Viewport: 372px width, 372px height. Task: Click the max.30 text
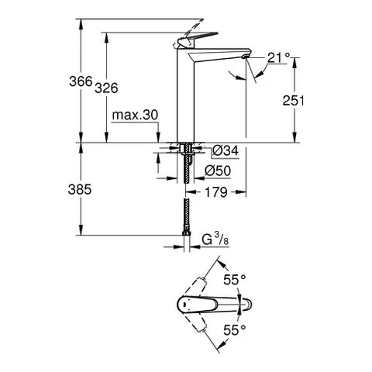134,115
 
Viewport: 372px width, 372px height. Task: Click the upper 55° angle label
235,277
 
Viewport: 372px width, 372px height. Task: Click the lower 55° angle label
235,329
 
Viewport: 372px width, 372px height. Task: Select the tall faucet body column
186,101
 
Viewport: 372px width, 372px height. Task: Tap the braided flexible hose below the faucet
186,209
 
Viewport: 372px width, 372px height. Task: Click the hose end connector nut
186,231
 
